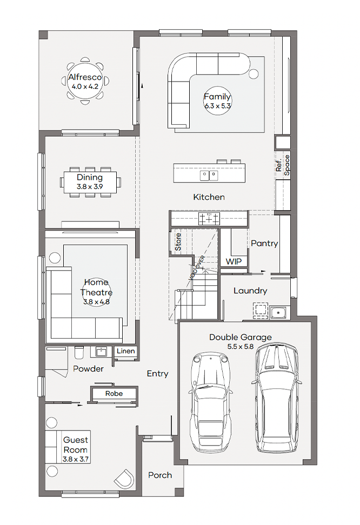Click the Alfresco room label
click(x=85, y=77)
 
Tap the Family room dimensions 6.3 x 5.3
click(x=217, y=106)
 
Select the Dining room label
click(x=90, y=178)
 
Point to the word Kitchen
click(x=209, y=197)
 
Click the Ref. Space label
click(x=283, y=165)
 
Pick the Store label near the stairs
click(x=178, y=242)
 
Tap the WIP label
click(x=234, y=261)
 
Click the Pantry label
click(x=264, y=244)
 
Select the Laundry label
click(x=250, y=291)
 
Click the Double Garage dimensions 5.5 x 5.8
click(x=241, y=347)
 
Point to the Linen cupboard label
click(x=126, y=351)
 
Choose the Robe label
click(x=114, y=393)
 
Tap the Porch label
click(x=160, y=475)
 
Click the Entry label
click(x=157, y=374)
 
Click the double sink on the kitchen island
click(x=209, y=175)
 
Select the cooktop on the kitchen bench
click(x=209, y=219)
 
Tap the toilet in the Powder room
click(x=79, y=352)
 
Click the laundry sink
click(x=278, y=312)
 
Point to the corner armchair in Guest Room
click(x=124, y=479)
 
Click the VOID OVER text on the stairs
click(x=197, y=268)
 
